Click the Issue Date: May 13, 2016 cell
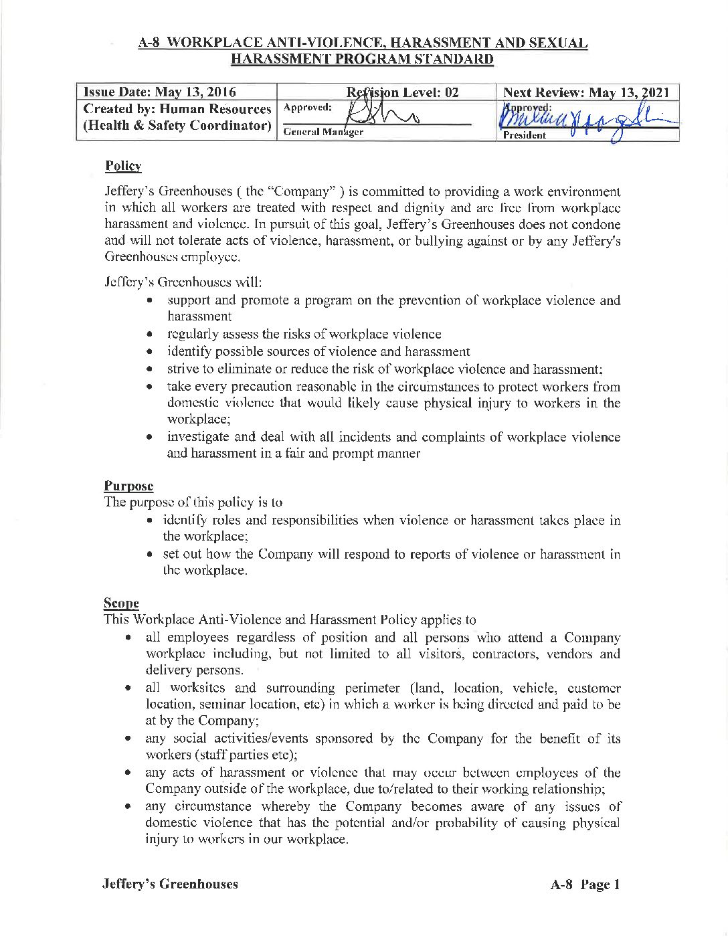click(x=157, y=92)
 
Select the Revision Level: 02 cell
click(x=403, y=92)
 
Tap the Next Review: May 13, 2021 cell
click(x=585, y=92)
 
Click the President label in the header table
click(x=525, y=135)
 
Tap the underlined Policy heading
click(x=123, y=166)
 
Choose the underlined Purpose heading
click(x=128, y=486)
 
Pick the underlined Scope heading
click(x=121, y=603)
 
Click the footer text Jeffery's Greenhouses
click(x=170, y=884)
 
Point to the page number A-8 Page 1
click(x=585, y=884)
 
